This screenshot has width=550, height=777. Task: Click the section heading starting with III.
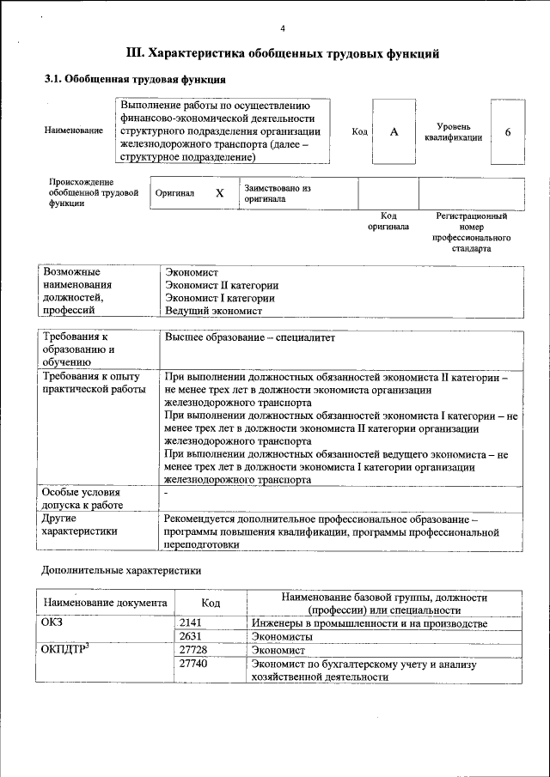283,53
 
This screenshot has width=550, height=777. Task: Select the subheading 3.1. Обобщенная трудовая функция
135,80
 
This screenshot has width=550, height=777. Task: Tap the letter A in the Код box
394,132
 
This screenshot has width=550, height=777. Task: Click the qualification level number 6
508,132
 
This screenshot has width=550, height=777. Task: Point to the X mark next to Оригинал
219,194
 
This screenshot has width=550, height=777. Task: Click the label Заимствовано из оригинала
277,193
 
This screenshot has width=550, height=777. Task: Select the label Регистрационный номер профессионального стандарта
471,232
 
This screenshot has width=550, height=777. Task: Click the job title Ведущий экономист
214,311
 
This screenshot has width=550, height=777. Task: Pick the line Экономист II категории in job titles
222,285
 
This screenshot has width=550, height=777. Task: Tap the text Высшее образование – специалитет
249,337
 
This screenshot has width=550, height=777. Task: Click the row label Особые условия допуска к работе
82,498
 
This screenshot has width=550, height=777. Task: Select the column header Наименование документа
105,603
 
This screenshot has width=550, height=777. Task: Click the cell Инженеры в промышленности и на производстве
370,622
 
